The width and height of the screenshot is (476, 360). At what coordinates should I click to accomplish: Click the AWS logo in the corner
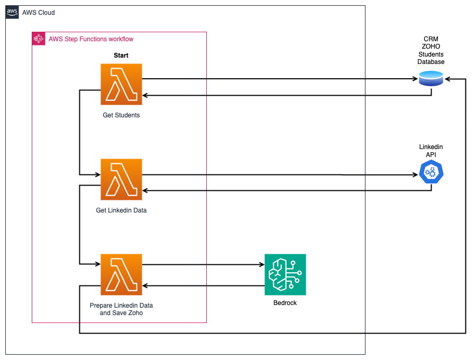[12, 12]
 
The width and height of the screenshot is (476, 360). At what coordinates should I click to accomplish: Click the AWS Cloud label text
[38, 13]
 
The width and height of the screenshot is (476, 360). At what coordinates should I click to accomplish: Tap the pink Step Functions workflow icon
[38, 39]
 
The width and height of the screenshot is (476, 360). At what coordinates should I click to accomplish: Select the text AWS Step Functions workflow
[91, 39]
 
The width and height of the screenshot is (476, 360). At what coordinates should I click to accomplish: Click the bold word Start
[121, 56]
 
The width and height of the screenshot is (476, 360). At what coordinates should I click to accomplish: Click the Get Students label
[121, 115]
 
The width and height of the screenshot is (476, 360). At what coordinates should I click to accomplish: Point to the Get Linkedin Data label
[121, 210]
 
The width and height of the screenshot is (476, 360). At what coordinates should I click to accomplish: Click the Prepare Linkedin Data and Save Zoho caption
[121, 309]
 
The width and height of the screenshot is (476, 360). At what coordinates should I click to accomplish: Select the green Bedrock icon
[285, 275]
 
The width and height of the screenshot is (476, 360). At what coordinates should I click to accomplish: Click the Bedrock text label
[285, 303]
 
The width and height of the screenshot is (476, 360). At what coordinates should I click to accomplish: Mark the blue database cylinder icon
[431, 80]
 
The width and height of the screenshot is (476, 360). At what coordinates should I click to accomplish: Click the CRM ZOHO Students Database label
[431, 51]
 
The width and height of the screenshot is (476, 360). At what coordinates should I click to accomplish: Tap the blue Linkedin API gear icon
[431, 173]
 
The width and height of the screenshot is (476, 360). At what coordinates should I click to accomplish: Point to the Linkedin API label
[431, 150]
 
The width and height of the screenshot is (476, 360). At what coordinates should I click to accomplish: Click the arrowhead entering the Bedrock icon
[261, 264]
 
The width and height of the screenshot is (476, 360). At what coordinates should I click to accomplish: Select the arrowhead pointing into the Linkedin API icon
[415, 174]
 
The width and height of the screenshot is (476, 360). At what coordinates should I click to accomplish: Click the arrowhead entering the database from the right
[447, 79]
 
